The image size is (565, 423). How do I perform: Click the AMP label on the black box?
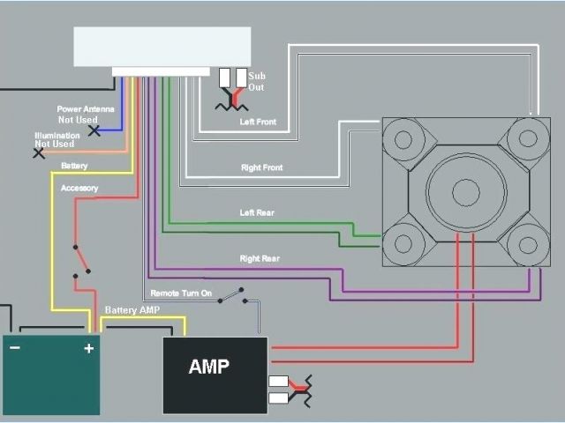click(x=208, y=367)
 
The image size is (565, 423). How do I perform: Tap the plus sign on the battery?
click(x=88, y=348)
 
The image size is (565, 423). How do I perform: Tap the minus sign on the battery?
click(x=14, y=348)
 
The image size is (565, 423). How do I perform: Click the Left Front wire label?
click(x=258, y=122)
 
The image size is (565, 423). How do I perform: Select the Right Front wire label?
click(x=261, y=167)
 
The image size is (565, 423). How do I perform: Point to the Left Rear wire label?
click(x=258, y=212)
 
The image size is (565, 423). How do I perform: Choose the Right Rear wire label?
click(x=260, y=258)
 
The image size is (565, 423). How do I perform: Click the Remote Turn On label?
click(x=181, y=293)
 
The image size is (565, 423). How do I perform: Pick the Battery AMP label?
click(x=132, y=310)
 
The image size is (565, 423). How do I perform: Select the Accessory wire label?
click(x=79, y=188)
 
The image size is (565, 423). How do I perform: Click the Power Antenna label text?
click(x=86, y=109)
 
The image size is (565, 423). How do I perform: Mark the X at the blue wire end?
click(x=94, y=130)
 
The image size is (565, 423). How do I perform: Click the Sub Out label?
click(x=257, y=82)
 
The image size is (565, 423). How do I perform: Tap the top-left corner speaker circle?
click(x=403, y=138)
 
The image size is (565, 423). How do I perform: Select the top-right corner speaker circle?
click(x=528, y=137)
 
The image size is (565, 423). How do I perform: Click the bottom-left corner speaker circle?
click(x=403, y=242)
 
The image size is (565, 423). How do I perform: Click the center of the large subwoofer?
click(x=465, y=190)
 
